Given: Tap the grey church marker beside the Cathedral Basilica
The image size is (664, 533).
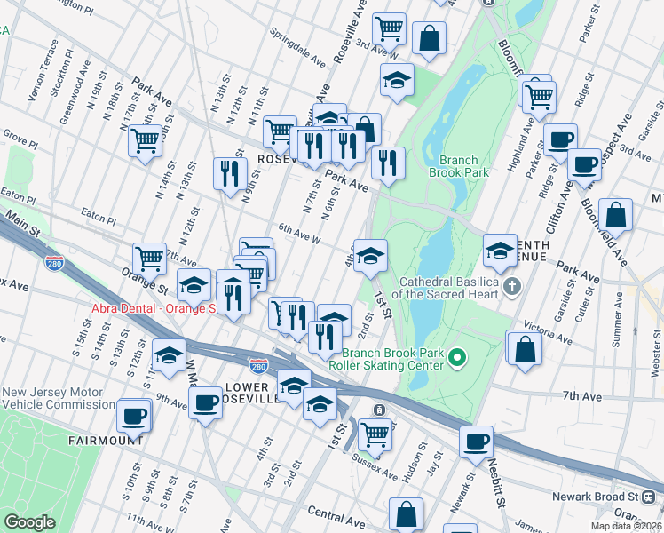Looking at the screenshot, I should pyautogui.click(x=511, y=286).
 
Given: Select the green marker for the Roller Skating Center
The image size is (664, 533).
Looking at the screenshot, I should pyautogui.click(x=457, y=358).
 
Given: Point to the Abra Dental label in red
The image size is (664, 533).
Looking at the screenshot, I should pyautogui.click(x=154, y=308).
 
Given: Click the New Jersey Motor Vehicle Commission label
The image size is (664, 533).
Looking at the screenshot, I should pyautogui.click(x=58, y=398).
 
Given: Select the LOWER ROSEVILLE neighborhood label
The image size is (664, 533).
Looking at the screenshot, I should pyautogui.click(x=260, y=394).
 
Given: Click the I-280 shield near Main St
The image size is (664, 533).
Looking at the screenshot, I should pyautogui.click(x=53, y=264).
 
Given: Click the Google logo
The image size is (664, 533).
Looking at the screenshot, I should pyautogui.click(x=30, y=522).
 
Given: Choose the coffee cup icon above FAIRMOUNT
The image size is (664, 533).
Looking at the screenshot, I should pyautogui.click(x=134, y=414).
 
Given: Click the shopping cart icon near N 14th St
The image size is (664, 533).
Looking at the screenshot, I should pyautogui.click(x=146, y=139).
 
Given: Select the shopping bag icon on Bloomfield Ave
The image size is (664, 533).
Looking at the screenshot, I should pyautogui.click(x=615, y=215).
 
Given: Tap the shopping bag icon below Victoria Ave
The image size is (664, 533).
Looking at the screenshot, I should pyautogui.click(x=525, y=347).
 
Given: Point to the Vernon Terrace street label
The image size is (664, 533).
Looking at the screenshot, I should pyautogui.click(x=42, y=81).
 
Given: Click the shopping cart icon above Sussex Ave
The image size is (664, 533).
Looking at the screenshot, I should pyautogui.click(x=375, y=434).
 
